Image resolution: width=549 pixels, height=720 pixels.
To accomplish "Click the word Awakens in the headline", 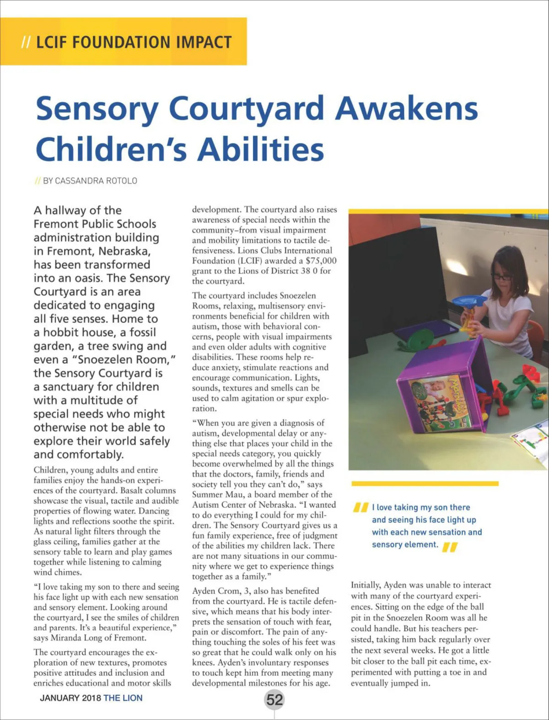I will [x=406, y=109].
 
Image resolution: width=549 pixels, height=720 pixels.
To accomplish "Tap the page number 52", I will [x=274, y=700].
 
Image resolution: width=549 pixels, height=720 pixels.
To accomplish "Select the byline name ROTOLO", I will [x=122, y=181].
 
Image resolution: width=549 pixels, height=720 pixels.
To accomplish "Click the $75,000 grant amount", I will [x=321, y=261].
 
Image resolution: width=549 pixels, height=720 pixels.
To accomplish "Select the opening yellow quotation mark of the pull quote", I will [x=361, y=507].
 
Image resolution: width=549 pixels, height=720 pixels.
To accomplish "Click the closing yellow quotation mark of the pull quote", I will [x=450, y=547].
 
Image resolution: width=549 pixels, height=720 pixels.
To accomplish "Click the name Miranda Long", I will [x=74, y=638].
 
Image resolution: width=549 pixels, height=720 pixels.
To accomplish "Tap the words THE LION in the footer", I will [x=123, y=698].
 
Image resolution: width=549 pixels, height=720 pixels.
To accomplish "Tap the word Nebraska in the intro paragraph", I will [x=124, y=251].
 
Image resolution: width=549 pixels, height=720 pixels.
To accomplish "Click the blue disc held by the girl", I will [x=469, y=300].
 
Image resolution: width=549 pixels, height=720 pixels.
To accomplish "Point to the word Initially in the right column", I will [x=366, y=585].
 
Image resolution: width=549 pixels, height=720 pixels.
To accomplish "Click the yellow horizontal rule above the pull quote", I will [x=425, y=483].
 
